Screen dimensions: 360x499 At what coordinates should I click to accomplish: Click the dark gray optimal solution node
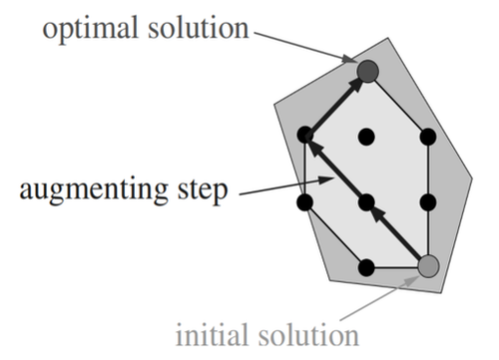(x=367, y=71)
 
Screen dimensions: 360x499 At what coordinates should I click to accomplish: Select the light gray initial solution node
(x=428, y=266)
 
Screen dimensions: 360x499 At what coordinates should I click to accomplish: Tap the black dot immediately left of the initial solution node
(x=367, y=266)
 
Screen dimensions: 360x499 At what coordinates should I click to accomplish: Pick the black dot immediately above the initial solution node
(x=428, y=202)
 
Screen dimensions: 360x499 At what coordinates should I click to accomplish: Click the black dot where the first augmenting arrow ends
(x=367, y=202)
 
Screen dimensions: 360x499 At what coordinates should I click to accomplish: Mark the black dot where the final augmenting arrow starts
(x=306, y=135)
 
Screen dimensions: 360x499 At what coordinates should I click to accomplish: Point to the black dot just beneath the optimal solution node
(x=367, y=135)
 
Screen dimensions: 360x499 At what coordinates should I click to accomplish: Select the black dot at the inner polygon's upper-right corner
(x=428, y=135)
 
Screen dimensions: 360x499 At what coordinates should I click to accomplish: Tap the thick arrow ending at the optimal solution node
(x=337, y=102)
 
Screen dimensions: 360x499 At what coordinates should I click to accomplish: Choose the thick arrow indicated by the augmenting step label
(x=336, y=169)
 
